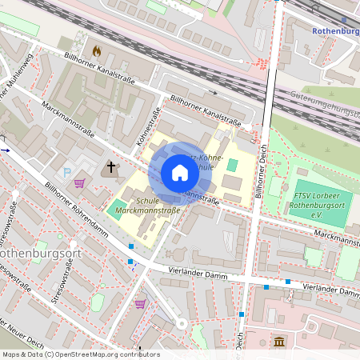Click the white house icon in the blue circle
180,173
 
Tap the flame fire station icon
98,50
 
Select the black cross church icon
111,168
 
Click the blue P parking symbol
67,172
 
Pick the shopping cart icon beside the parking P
79,183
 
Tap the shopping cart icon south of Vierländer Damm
141,304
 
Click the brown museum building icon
278,342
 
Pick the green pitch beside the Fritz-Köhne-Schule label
232,164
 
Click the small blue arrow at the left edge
5,149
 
